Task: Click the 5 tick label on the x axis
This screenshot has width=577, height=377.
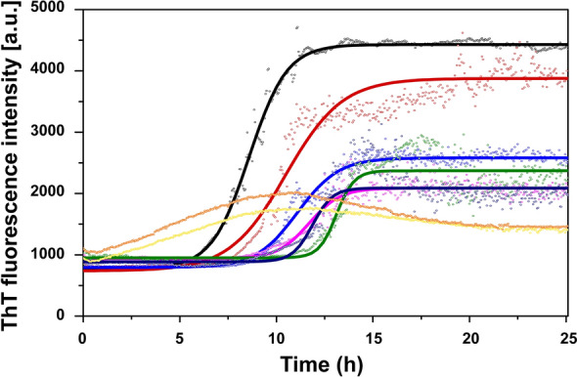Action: pos(180,335)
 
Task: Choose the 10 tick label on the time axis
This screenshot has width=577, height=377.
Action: pos(277,335)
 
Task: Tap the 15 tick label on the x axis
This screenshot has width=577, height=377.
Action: pos(374,335)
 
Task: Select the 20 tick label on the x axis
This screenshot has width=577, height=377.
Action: pos(470,335)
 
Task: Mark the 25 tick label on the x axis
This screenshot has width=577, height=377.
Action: pos(566,335)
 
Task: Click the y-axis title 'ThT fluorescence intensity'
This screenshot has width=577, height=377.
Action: pos(15,162)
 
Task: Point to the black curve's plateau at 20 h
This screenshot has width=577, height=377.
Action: pos(470,44)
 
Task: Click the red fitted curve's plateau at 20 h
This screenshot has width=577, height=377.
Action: pos(470,78)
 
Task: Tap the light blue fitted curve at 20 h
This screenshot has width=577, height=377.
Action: pos(470,157)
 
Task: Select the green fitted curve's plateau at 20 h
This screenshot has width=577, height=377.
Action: pos(470,171)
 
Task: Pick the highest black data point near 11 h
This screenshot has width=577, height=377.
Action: pos(297,27)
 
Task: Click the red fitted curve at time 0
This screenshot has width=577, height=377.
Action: pos(84,270)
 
